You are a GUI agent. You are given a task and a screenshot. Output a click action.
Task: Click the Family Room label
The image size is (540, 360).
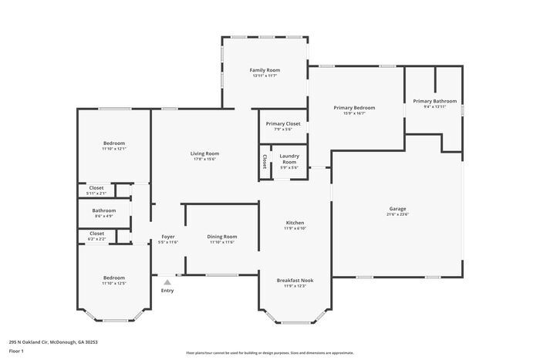coord(264,69)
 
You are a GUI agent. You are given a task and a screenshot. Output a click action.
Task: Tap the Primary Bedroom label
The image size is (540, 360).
coord(354,107)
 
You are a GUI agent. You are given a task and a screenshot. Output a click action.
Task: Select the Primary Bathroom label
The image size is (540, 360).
coord(434,101)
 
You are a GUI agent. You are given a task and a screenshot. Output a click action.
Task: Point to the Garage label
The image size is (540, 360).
coord(397,209)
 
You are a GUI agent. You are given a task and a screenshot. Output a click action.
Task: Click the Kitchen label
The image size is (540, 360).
coord(295,222)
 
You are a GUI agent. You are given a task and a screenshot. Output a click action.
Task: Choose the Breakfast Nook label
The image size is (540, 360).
coord(295,280)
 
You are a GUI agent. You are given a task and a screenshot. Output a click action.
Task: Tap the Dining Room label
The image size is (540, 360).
coord(221,237)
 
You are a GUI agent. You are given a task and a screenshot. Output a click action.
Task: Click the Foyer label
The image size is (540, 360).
coord(167,237)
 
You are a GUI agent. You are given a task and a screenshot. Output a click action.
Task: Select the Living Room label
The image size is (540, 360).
coord(205,153)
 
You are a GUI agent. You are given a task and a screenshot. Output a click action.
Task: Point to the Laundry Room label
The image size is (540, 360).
coord(289,160)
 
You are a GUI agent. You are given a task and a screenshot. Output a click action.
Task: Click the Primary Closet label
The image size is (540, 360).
coord(283,123)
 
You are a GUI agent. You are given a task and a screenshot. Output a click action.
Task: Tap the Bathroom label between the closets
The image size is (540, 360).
coord(104,210)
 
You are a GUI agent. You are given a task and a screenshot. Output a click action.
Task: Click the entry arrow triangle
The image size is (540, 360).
coord(167,282)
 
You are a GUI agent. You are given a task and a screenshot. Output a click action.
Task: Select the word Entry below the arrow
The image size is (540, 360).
coord(167,291)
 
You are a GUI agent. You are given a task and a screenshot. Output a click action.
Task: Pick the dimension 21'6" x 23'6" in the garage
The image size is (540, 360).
coord(397,215)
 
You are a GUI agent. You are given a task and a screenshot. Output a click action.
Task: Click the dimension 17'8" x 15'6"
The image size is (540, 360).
coord(205,160)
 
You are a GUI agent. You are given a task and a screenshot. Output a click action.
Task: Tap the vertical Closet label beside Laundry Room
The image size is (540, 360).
coord(264,161)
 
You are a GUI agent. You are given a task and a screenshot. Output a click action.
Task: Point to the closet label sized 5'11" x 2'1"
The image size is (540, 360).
coord(96,193)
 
